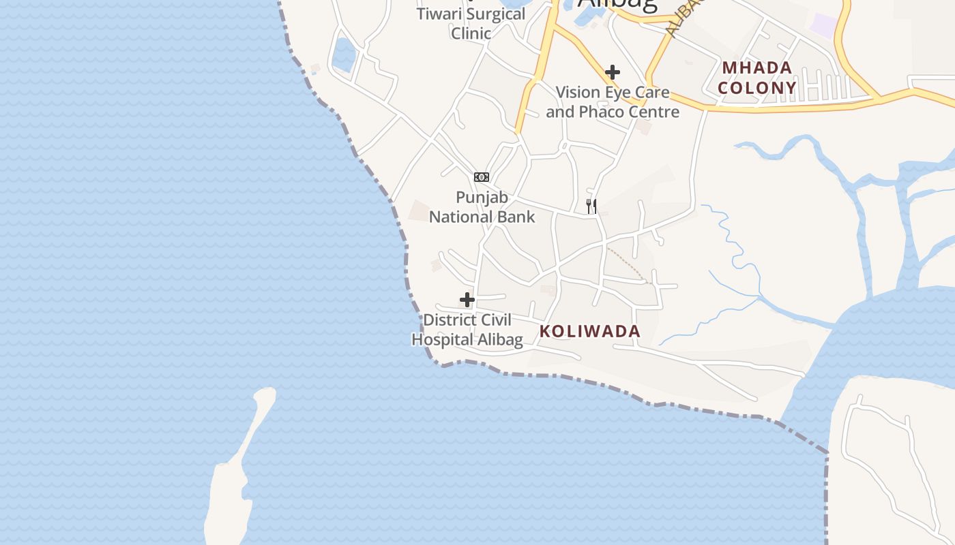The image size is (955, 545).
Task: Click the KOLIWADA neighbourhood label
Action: point(590,332)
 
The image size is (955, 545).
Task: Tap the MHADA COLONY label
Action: point(757,78)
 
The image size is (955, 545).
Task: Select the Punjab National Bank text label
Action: point(482,207)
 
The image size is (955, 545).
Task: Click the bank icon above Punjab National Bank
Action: point(482,177)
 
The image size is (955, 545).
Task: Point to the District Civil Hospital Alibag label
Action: point(467,330)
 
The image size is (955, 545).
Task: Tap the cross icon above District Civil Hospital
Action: point(467,300)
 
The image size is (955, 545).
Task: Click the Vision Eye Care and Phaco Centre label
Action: point(613,102)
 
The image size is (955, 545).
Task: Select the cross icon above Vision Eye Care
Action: point(613,72)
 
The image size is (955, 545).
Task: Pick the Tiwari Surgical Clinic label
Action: point(471,23)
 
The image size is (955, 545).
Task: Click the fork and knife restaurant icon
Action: point(591,206)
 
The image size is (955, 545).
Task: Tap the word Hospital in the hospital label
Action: point(441,339)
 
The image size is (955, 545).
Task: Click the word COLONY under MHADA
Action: point(757,88)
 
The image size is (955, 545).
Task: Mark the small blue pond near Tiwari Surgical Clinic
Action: point(344,54)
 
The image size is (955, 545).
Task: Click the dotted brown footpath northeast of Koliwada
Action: point(626,264)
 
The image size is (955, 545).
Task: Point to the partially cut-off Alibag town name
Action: point(618,4)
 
